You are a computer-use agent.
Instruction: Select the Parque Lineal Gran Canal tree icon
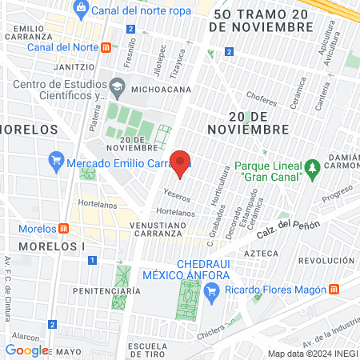(314, 167)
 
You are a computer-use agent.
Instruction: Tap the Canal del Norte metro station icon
(106, 47)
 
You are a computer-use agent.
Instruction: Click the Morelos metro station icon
(64, 228)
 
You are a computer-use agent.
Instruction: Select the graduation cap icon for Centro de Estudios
(117, 86)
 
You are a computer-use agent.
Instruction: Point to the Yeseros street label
(177, 196)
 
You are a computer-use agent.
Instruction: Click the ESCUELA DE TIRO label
(147, 328)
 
